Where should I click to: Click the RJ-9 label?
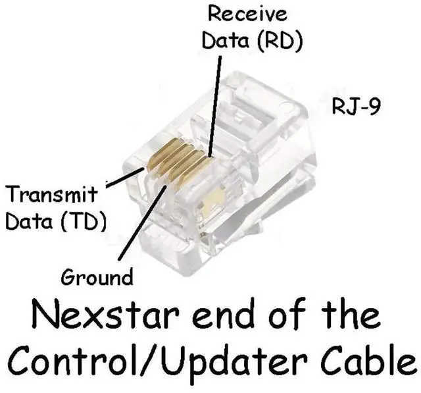point(356,106)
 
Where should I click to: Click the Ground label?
point(96,276)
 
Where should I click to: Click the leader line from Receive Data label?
point(216,99)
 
